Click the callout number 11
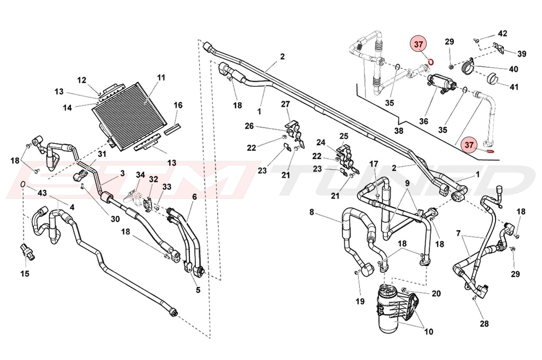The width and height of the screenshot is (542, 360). pos(161,77)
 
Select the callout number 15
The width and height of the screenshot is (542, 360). pos(25,274)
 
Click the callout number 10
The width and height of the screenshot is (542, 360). pos(428,332)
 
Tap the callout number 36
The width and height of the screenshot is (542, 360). pos(423,121)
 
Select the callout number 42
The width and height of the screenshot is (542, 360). pos(502,33)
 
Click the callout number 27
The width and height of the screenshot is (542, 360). pos(285,104)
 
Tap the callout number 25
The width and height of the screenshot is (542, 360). pos(344,137)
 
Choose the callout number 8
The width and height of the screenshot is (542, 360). pos(312,212)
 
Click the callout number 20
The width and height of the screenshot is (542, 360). pos(436,294)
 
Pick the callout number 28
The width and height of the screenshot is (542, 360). pos(484,323)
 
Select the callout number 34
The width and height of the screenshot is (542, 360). pos(140,175)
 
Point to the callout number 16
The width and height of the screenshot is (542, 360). pos(178,105)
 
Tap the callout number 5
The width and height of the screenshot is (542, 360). pos(197,290)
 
